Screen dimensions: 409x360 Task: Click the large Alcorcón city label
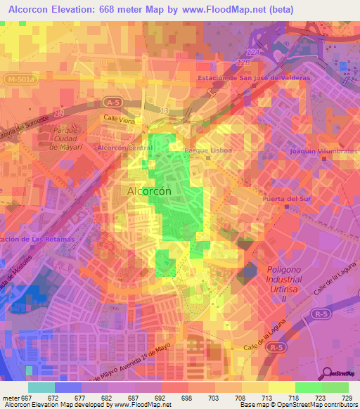[150, 190]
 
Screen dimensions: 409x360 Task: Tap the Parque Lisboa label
[208, 150]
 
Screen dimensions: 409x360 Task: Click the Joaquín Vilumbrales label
[324, 151]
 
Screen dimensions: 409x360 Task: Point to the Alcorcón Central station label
[124, 148]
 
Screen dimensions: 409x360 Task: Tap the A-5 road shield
[112, 102]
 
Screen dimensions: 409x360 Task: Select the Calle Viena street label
[119, 119]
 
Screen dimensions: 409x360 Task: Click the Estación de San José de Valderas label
[254, 78]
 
